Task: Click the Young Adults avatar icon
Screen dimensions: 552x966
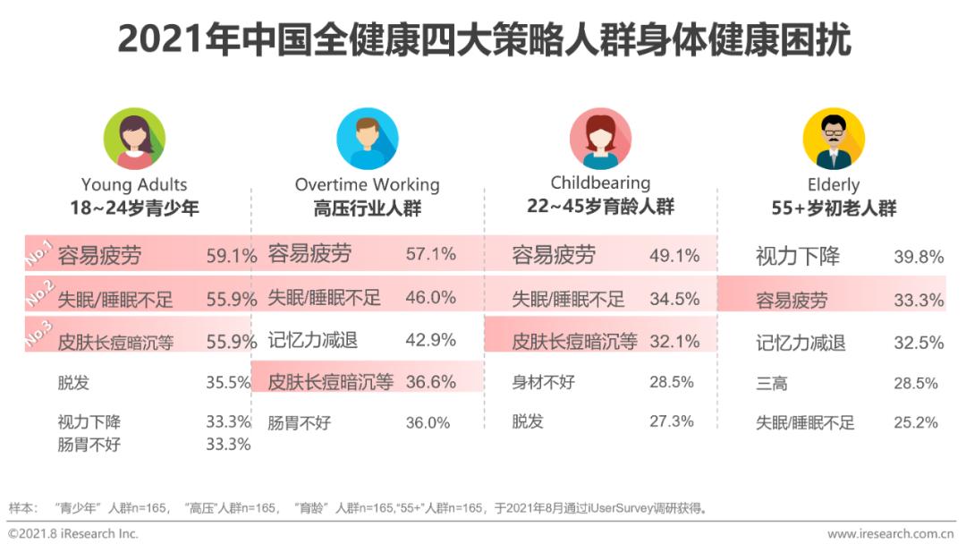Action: pyautogui.click(x=134, y=139)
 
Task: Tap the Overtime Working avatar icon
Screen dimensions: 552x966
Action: pyautogui.click(x=367, y=139)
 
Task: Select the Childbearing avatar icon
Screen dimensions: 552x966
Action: pyautogui.click(x=600, y=139)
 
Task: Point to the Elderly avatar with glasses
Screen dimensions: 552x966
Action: pyautogui.click(x=833, y=139)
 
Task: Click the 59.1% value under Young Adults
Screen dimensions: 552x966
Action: pyautogui.click(x=232, y=255)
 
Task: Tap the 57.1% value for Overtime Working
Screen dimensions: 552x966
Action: pyautogui.click(x=430, y=254)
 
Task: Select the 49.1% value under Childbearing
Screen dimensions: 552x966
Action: pyautogui.click(x=674, y=255)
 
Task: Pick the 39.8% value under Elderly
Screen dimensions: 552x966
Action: pyautogui.click(x=919, y=258)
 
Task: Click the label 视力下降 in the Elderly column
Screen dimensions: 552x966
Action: pyautogui.click(x=798, y=258)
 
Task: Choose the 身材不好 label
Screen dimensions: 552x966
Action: pyautogui.click(x=543, y=382)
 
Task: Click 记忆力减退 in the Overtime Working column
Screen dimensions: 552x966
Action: pyautogui.click(x=312, y=340)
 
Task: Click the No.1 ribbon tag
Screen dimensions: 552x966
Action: pyautogui.click(x=39, y=253)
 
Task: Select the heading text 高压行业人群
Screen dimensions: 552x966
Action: pyautogui.click(x=367, y=208)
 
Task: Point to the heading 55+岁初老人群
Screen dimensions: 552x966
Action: pyautogui.click(x=833, y=208)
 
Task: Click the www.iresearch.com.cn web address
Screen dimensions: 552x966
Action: pyautogui.click(x=890, y=534)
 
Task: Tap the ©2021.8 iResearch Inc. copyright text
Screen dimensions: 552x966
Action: pyautogui.click(x=73, y=534)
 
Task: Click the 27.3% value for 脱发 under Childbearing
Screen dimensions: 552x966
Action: pyautogui.click(x=672, y=421)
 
